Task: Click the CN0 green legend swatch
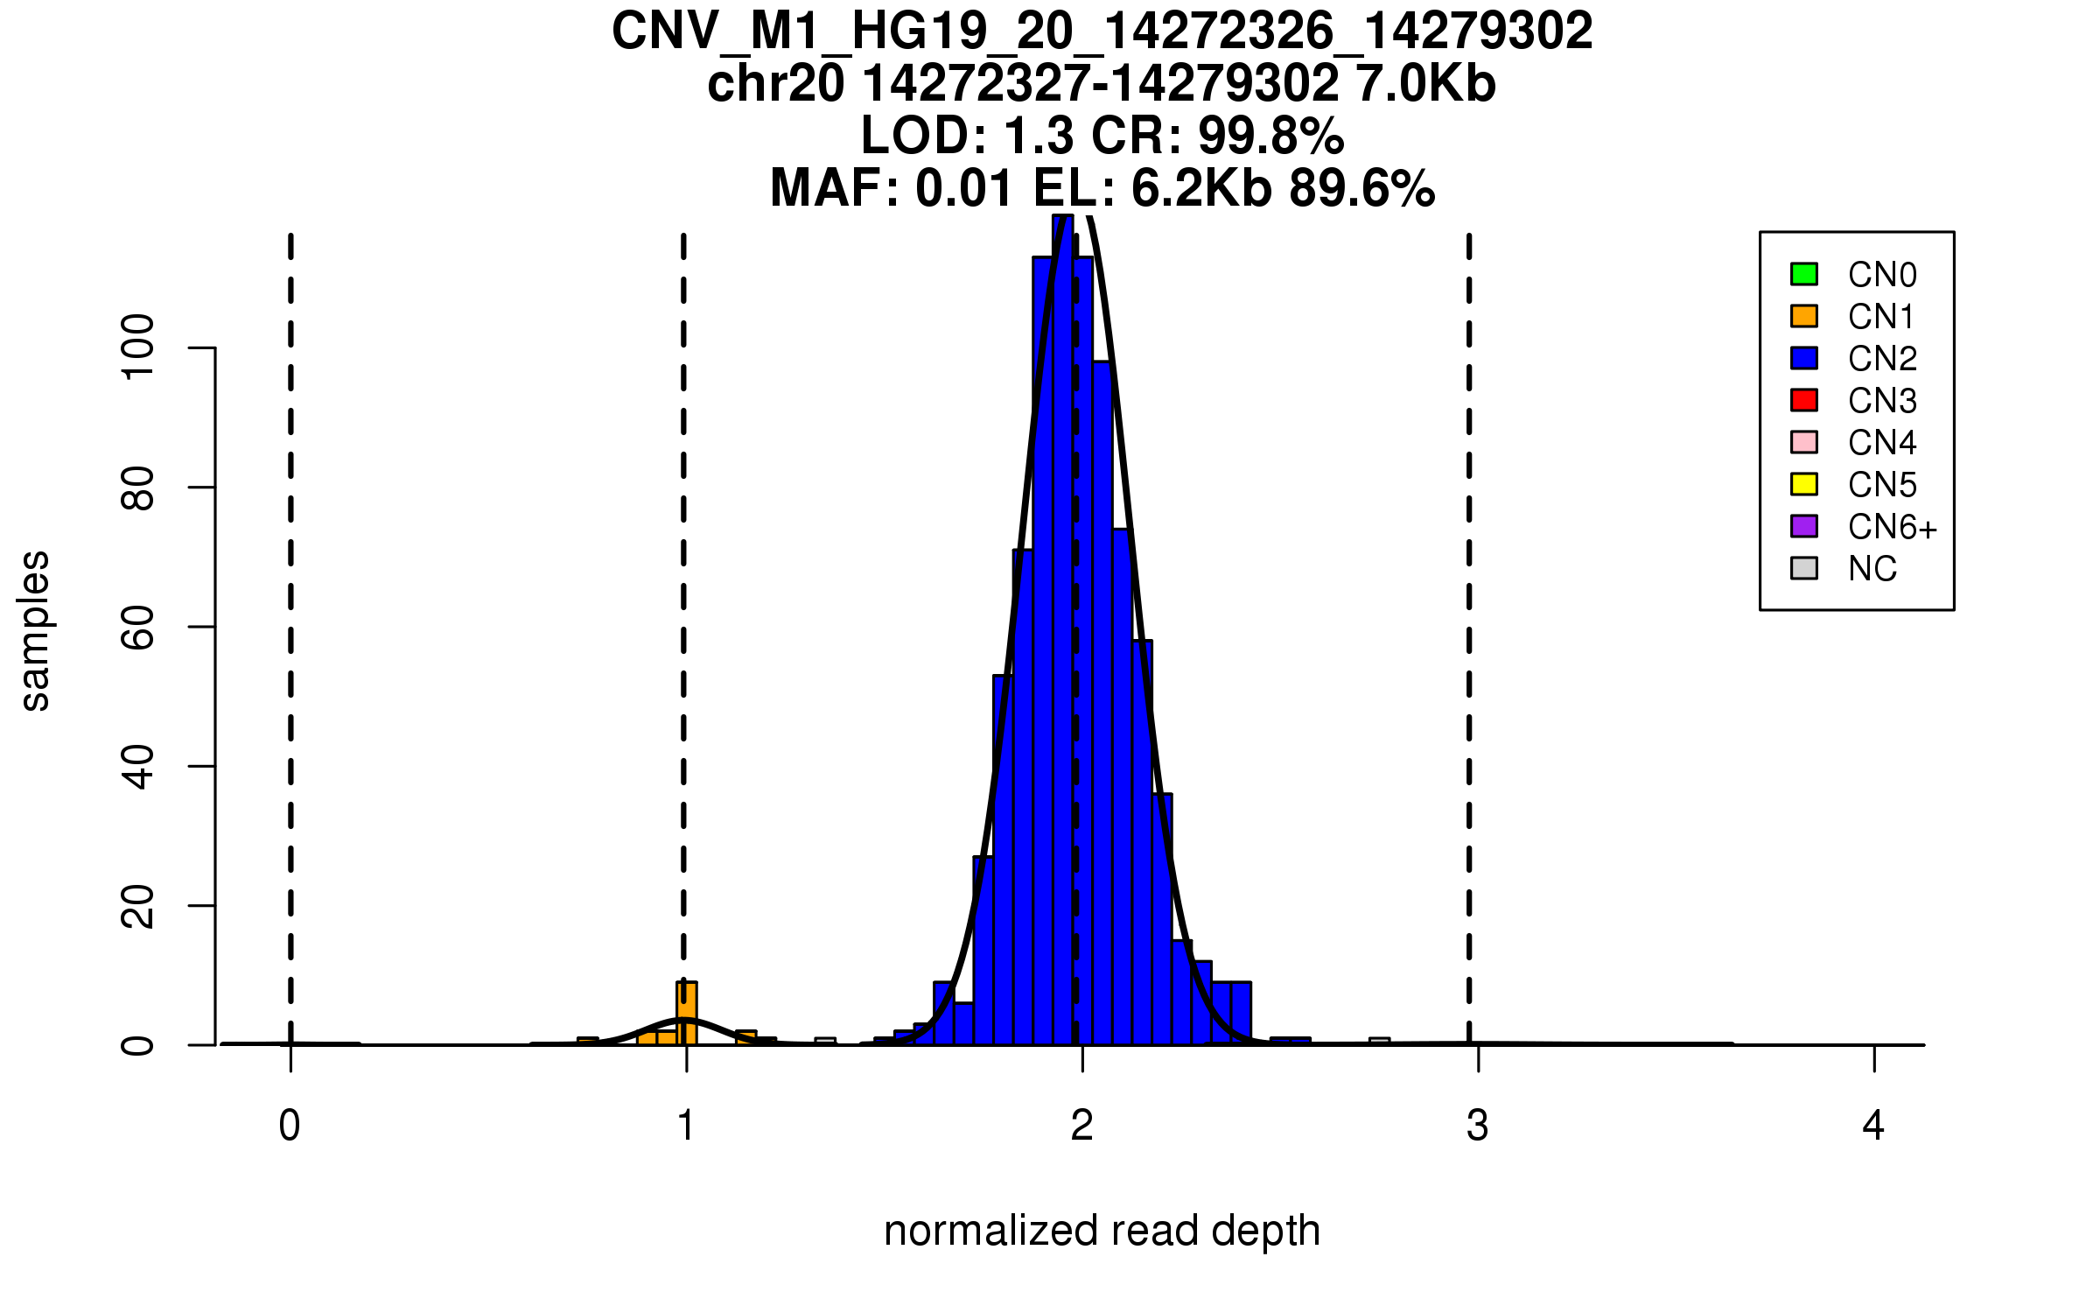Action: coord(1804,274)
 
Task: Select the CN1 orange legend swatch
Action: coord(1804,316)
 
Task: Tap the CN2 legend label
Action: coord(1882,359)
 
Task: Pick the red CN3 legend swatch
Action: coord(1804,400)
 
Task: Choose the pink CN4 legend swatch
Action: coord(1804,442)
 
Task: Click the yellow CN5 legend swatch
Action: coord(1804,484)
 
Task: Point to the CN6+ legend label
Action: coord(1892,527)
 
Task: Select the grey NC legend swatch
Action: coord(1804,568)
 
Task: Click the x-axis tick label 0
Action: coord(290,1126)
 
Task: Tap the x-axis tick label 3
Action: coord(1478,1126)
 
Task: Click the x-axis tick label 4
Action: coord(1873,1126)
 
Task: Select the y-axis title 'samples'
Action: coord(35,630)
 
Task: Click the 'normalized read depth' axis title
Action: coord(1102,1231)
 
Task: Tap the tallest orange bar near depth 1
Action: coord(687,1014)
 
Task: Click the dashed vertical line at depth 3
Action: coord(1469,613)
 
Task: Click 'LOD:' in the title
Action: coord(924,136)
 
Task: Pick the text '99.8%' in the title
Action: coord(1270,136)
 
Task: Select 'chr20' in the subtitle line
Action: coord(776,84)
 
